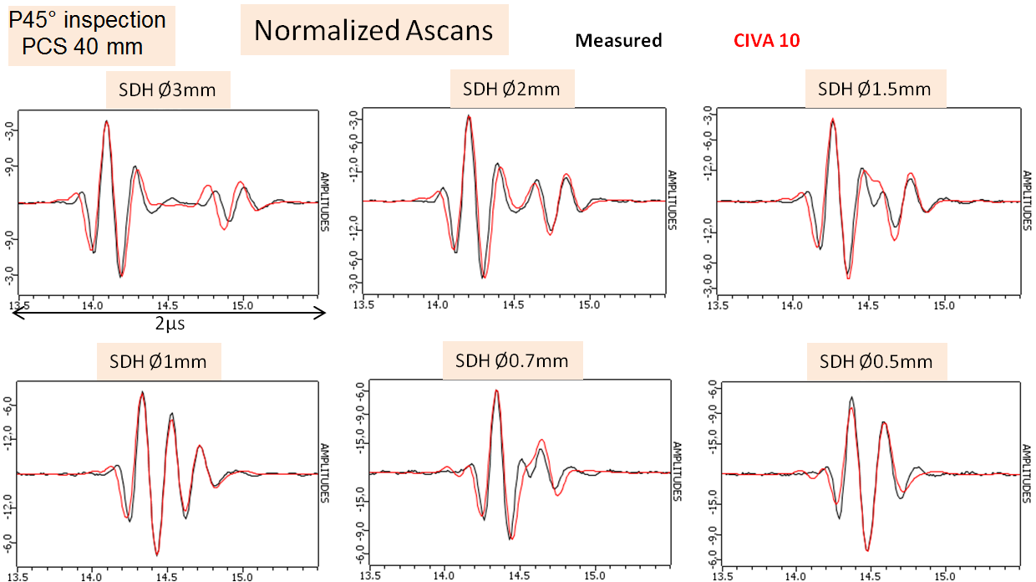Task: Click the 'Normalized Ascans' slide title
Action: pos(373,31)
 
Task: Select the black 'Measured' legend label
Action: pos(619,40)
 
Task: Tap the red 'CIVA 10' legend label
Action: pos(766,40)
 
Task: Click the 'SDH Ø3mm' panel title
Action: pos(168,90)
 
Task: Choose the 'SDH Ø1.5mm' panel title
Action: pos(874,89)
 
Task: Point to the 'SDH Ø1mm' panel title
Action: pos(158,362)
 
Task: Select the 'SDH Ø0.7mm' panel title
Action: pos(511,361)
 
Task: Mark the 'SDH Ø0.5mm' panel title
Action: pos(876,362)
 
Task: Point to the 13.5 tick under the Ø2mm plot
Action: pos(363,305)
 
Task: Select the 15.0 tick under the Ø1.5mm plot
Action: pos(944,305)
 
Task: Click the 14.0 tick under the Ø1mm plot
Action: pos(92,576)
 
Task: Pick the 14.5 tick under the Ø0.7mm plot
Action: pos(520,576)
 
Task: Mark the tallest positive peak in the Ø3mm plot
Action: pos(106,121)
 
